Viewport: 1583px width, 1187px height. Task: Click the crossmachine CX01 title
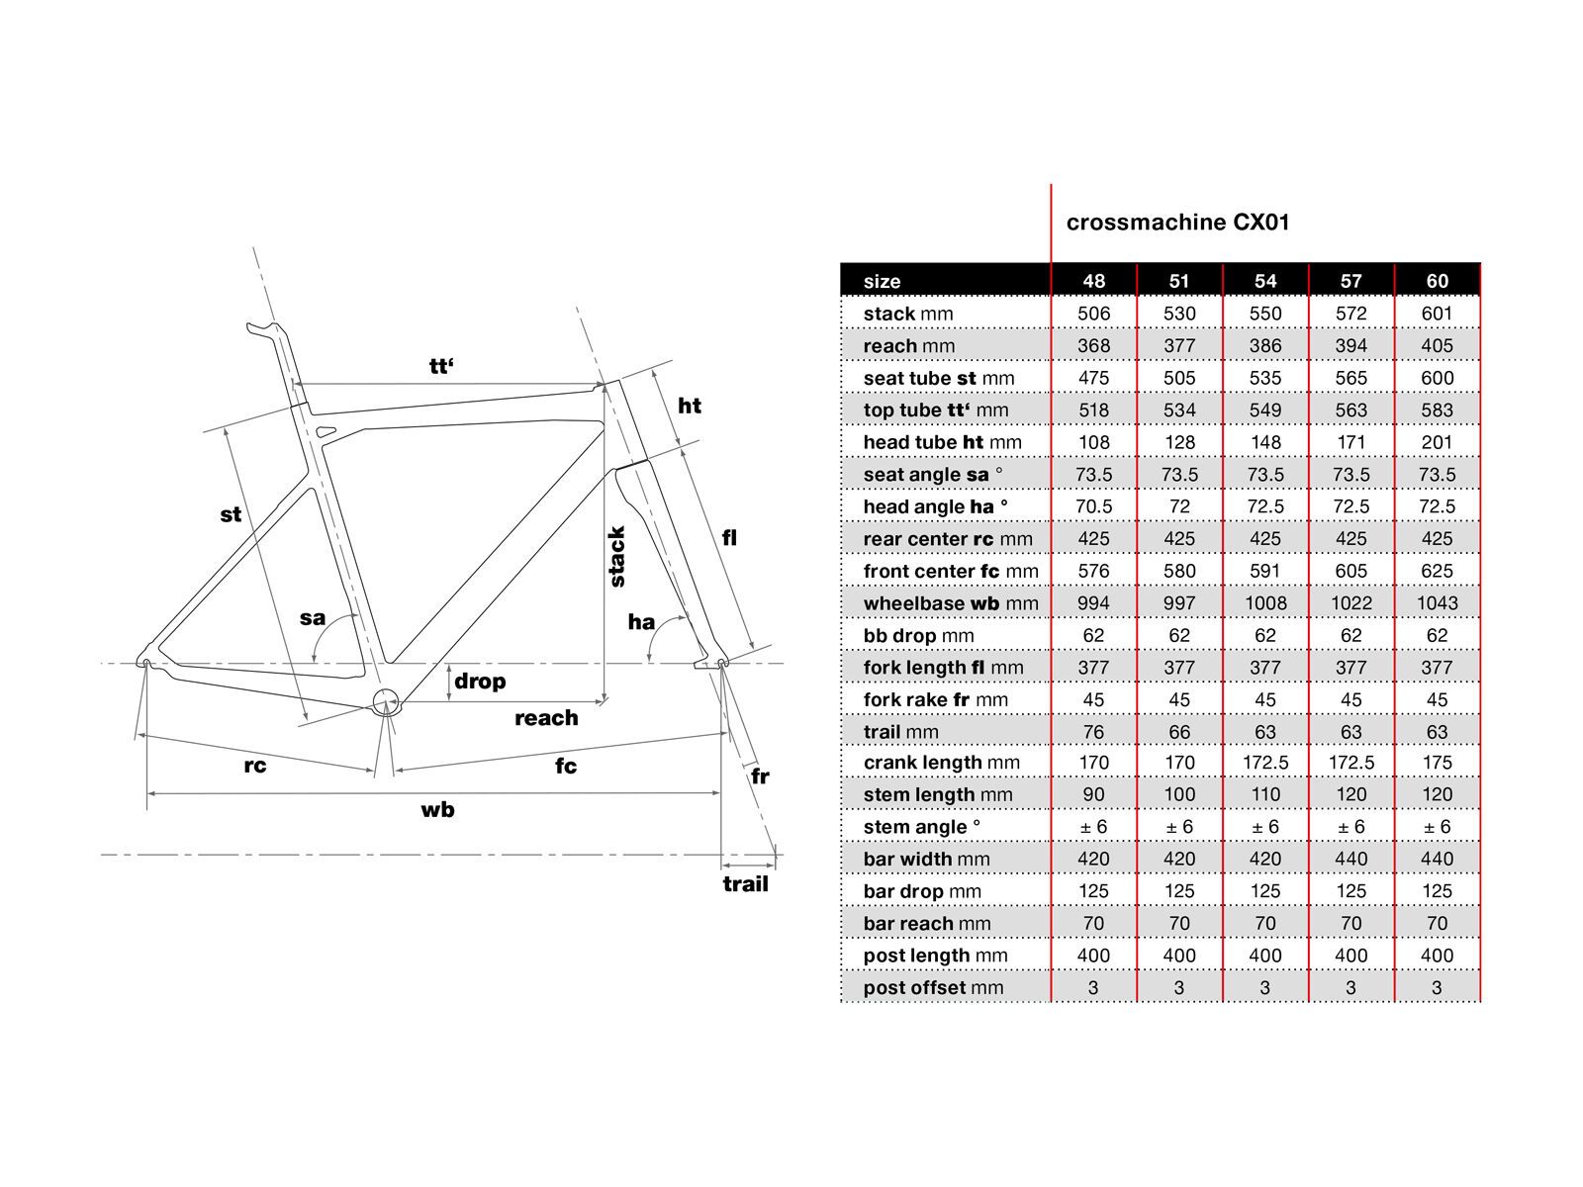pyautogui.click(x=1177, y=223)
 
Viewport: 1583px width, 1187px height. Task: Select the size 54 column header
pyautogui.click(x=1265, y=281)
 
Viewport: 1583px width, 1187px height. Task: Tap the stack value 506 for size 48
pyautogui.click(x=1093, y=314)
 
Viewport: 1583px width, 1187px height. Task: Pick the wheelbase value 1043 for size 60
pyautogui.click(x=1437, y=603)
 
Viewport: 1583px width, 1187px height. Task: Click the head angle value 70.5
pyautogui.click(x=1093, y=506)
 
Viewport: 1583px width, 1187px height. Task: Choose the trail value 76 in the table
pyautogui.click(x=1093, y=732)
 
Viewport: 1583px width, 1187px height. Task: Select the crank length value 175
pyautogui.click(x=1437, y=763)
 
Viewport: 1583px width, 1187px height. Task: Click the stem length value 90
pyautogui.click(x=1093, y=794)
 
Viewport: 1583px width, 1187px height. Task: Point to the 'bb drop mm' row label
pyautogui.click(x=918, y=636)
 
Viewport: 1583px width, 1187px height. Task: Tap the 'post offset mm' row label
pyautogui.click(x=933, y=987)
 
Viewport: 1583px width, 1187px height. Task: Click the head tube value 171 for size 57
pyautogui.click(x=1350, y=442)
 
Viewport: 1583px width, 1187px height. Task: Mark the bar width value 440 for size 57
pyautogui.click(x=1350, y=859)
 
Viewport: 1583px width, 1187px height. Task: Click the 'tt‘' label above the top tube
pyautogui.click(x=441, y=367)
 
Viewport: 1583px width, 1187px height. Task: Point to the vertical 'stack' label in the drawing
pyautogui.click(x=617, y=557)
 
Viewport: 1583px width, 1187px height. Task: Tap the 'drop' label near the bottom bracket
pyautogui.click(x=480, y=682)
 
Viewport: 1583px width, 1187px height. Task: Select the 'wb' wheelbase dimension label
pyautogui.click(x=437, y=810)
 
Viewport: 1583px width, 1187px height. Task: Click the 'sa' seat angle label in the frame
pyautogui.click(x=313, y=618)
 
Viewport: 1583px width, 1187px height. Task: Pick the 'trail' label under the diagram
pyautogui.click(x=745, y=884)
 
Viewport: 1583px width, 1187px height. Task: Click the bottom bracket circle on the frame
pyautogui.click(x=385, y=702)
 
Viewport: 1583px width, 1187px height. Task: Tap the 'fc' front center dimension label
pyautogui.click(x=565, y=766)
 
